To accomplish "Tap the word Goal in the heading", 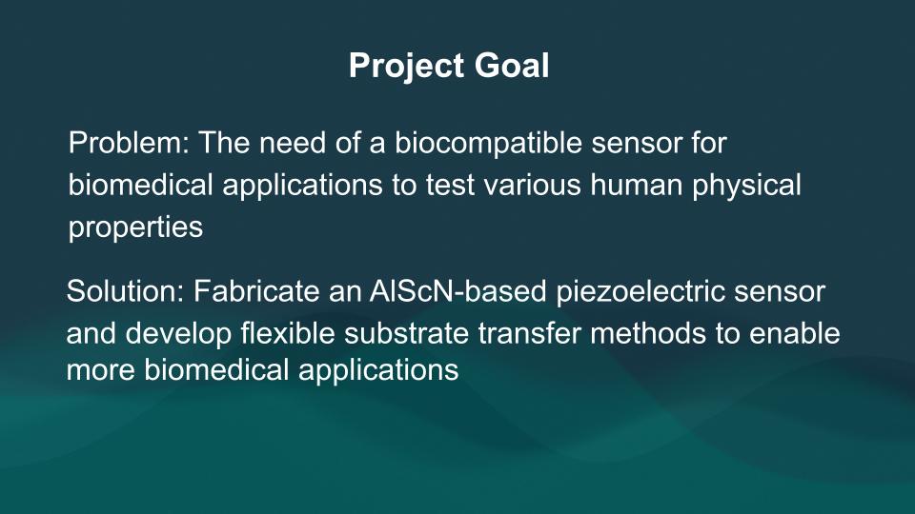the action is pos(512,65).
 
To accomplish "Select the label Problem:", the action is pos(129,143).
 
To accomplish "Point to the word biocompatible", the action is pos(488,144).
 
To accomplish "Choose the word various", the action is pos(532,186).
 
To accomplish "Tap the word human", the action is pos(637,186).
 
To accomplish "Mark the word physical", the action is pos(746,187).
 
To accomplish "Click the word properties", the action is pos(135,228).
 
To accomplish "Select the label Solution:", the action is pos(126,291).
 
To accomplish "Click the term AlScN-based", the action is pos(458,291).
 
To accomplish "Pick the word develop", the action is pos(178,334).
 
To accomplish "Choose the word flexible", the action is pos(287,333).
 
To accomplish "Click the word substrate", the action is pos(406,333).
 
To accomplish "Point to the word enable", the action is pos(795,333).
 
